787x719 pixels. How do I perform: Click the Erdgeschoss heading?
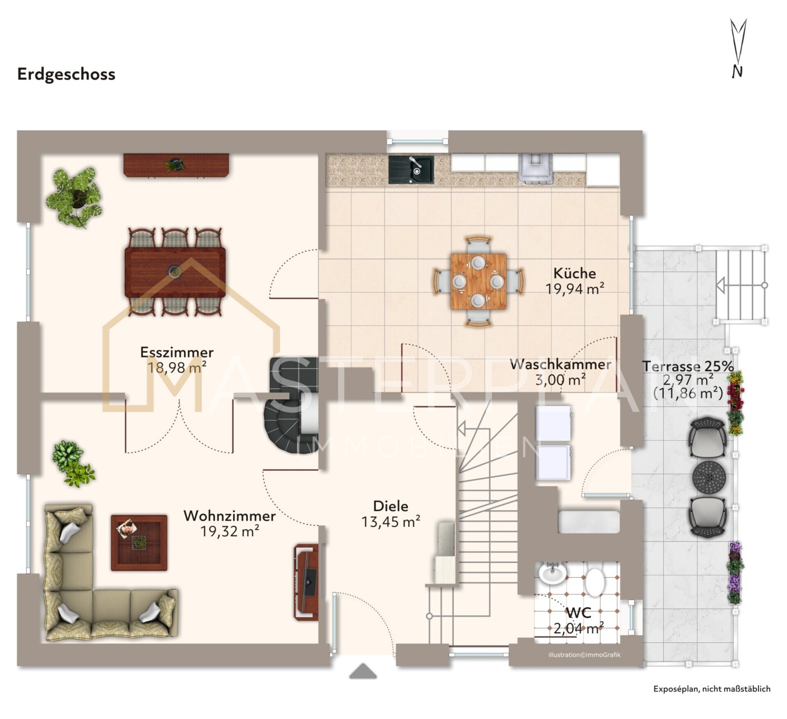66,75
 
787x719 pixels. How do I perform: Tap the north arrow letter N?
737,71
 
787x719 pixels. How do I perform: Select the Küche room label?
575,273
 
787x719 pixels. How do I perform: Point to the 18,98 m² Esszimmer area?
177,367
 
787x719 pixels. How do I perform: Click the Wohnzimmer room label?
230,516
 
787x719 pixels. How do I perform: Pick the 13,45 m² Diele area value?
391,522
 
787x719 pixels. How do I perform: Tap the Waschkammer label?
561,364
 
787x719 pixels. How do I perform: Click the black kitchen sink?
411,169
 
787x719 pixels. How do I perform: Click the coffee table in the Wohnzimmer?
139,543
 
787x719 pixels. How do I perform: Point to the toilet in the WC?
595,582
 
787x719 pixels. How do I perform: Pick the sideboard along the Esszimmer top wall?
176,165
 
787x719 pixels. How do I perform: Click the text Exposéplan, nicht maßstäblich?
712,689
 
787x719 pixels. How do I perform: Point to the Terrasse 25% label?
688,366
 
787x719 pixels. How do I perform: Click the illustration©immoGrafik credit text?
585,655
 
